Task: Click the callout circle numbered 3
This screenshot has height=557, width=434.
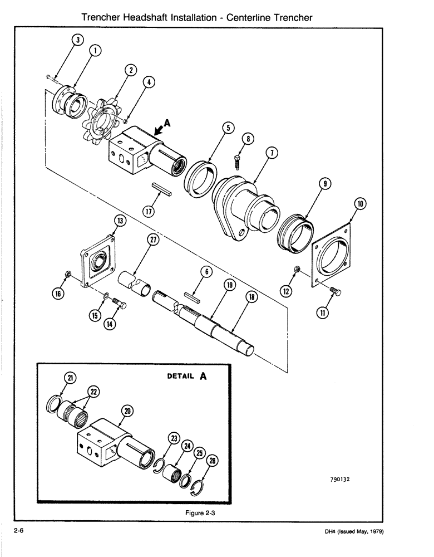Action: point(77,40)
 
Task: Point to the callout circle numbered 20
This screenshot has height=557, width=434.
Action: point(127,411)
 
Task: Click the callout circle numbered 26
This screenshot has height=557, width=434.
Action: point(211,461)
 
